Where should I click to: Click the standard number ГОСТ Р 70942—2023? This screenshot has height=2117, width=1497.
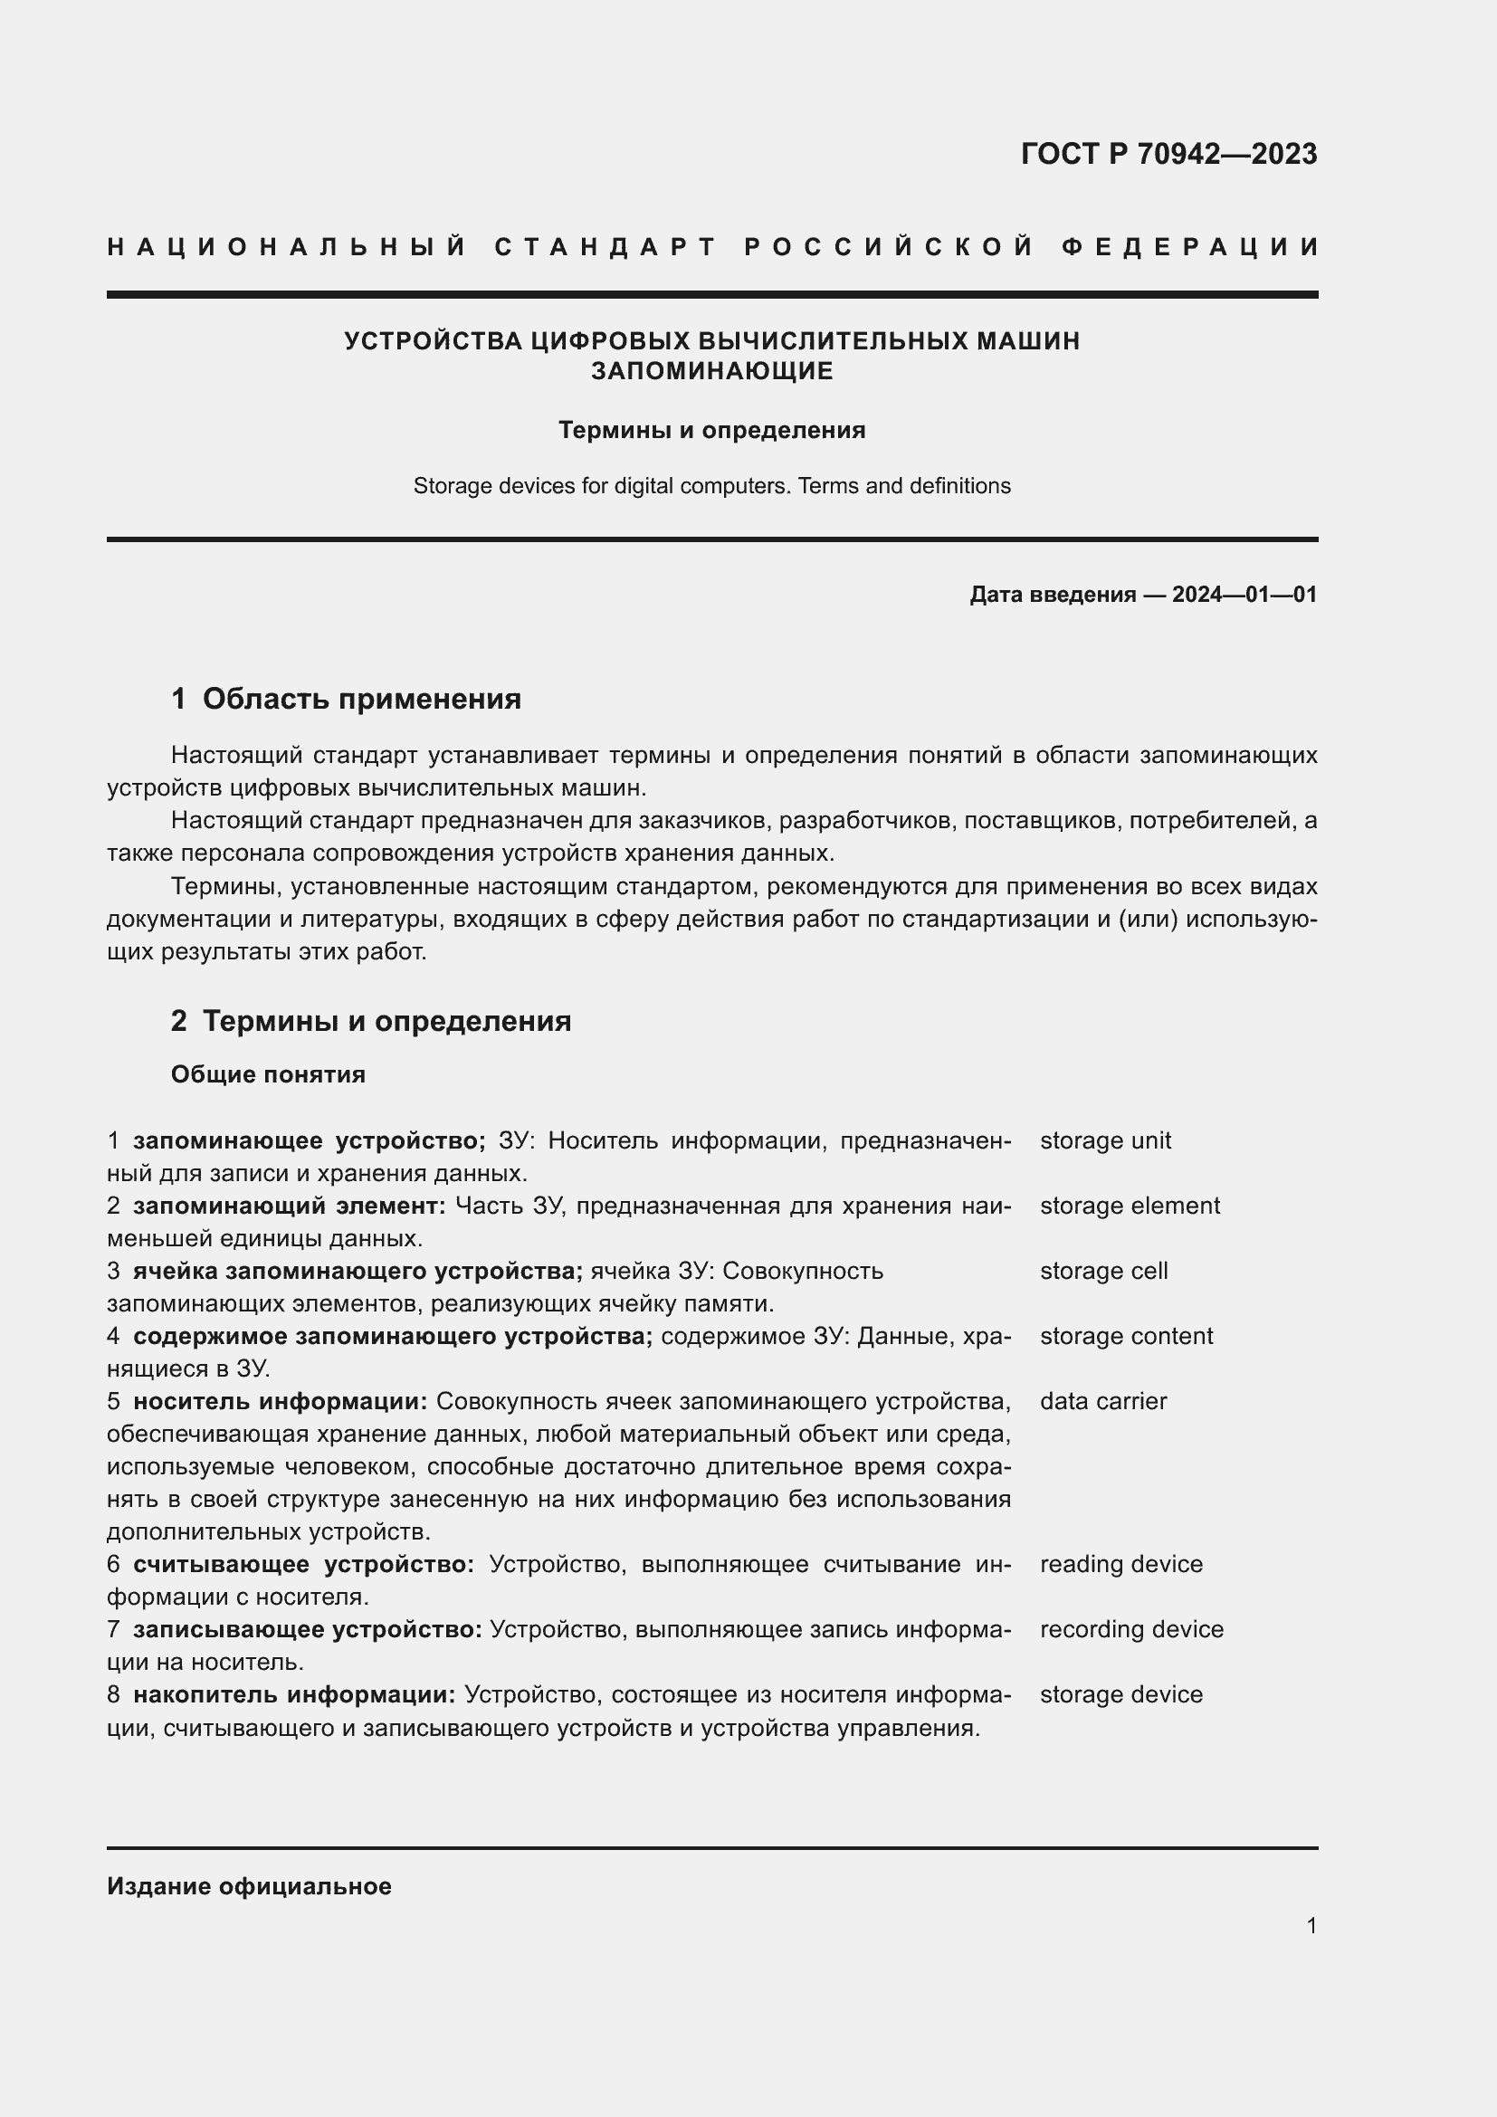coord(1168,153)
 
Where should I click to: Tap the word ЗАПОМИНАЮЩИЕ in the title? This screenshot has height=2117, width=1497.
coord(711,371)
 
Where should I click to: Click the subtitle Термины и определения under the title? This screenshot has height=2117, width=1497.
coord(711,431)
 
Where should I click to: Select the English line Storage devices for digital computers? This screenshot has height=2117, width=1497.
coord(711,486)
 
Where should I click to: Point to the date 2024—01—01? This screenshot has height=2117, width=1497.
coord(1244,595)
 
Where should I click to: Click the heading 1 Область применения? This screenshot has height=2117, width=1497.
coord(346,699)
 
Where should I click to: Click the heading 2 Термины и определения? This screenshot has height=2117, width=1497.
coord(370,1021)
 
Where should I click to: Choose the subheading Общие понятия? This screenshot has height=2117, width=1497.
coord(267,1074)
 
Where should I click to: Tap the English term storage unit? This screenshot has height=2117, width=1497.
coord(1104,1140)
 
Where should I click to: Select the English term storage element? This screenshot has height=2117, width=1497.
coord(1130,1206)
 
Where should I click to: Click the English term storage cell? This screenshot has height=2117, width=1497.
coord(1103,1271)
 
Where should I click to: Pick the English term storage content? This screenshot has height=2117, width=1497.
coord(1126,1336)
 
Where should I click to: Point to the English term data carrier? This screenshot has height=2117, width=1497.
coord(1102,1401)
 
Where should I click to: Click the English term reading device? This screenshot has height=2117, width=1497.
coord(1120,1564)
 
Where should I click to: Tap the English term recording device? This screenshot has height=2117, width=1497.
coord(1131,1629)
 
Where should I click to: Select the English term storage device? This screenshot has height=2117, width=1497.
coord(1120,1694)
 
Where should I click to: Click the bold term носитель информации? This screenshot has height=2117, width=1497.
coord(281,1401)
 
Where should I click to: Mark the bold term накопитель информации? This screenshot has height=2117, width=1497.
coord(294,1694)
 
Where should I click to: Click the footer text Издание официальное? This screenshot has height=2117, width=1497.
coord(249,1886)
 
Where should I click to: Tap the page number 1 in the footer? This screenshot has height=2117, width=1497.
coord(1311,1925)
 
